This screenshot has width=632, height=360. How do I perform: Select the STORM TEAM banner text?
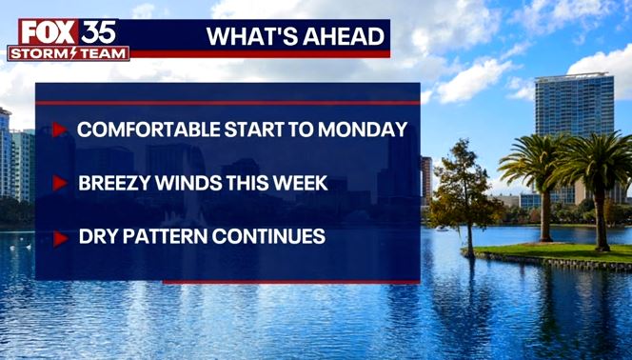pyautogui.click(x=68, y=53)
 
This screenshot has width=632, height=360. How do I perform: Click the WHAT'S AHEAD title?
pyautogui.click(x=296, y=37)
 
